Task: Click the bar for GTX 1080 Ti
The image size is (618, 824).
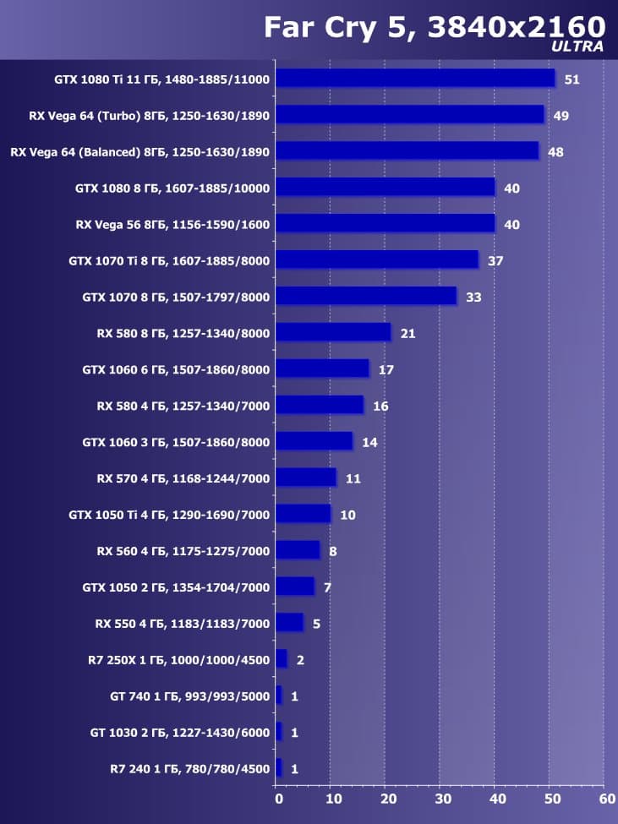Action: [x=414, y=79]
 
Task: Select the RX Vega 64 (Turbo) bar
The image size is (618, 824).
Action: [x=409, y=115]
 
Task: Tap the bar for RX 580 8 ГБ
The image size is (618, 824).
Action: [x=333, y=333]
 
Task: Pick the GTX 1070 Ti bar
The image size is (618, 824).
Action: [x=377, y=260]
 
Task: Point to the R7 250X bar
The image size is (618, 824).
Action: [x=282, y=659]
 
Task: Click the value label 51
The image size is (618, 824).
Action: [x=572, y=79]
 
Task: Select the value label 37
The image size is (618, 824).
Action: [x=495, y=261]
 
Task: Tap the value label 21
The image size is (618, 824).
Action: [x=407, y=334]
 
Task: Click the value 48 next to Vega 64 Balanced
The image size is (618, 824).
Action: [x=555, y=152]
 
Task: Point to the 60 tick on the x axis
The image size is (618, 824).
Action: [x=606, y=798]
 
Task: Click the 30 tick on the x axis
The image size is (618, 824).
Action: [x=442, y=798]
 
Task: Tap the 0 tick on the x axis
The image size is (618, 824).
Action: [x=278, y=798]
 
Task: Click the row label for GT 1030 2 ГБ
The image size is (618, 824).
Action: [x=179, y=733]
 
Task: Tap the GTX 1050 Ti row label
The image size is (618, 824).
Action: [x=169, y=515]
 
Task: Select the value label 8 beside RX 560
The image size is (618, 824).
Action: [x=333, y=551]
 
